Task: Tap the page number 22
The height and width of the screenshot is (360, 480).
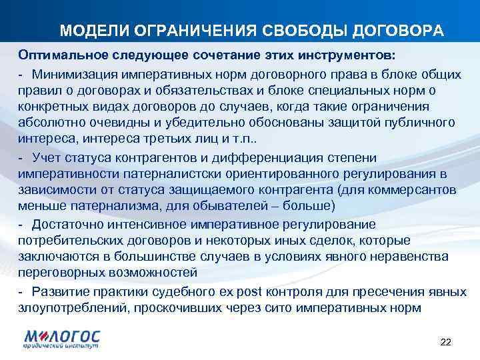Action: pos(446,342)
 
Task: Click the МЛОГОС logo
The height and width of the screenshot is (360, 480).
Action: pos(62,339)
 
